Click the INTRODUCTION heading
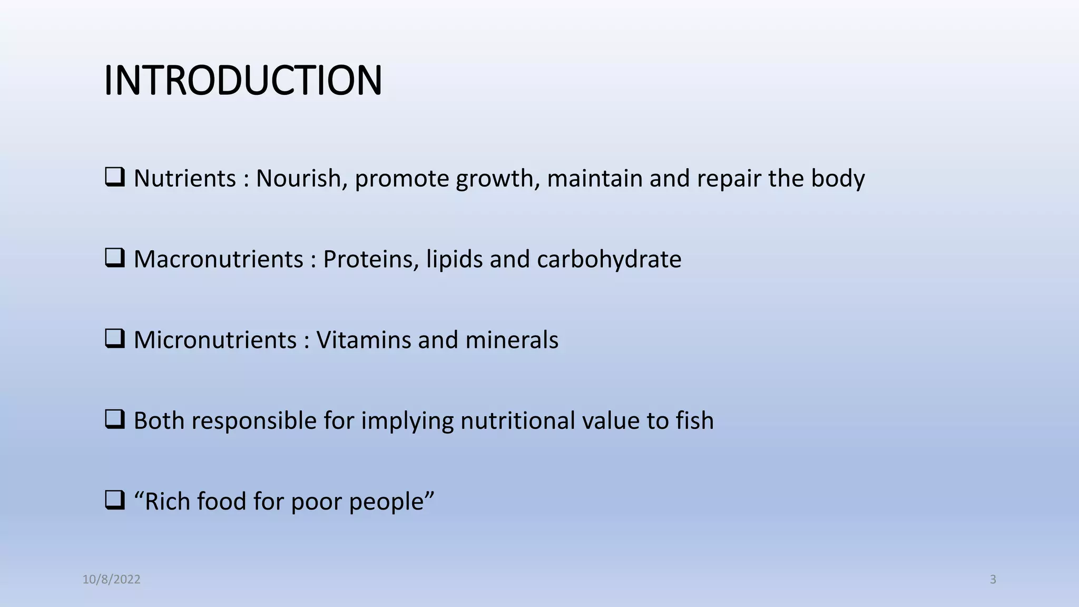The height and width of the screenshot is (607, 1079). tap(243, 81)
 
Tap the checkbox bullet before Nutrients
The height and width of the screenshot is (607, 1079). tap(114, 177)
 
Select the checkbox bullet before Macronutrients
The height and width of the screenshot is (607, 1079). tap(114, 258)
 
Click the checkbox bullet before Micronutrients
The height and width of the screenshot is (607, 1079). tap(114, 338)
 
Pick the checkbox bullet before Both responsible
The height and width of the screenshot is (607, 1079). tap(114, 419)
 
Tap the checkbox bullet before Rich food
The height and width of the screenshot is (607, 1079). tap(114, 500)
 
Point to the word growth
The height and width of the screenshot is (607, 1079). tap(498, 179)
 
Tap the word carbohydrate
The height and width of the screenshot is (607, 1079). tap(609, 259)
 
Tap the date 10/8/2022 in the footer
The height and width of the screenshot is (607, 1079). tap(111, 580)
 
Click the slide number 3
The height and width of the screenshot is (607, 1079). tap(993, 580)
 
